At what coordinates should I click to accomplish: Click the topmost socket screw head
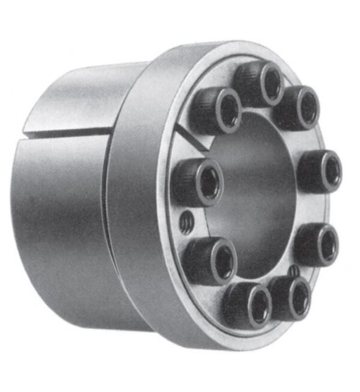[x=258, y=82]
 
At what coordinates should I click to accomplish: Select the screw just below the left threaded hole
[x=208, y=259]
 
